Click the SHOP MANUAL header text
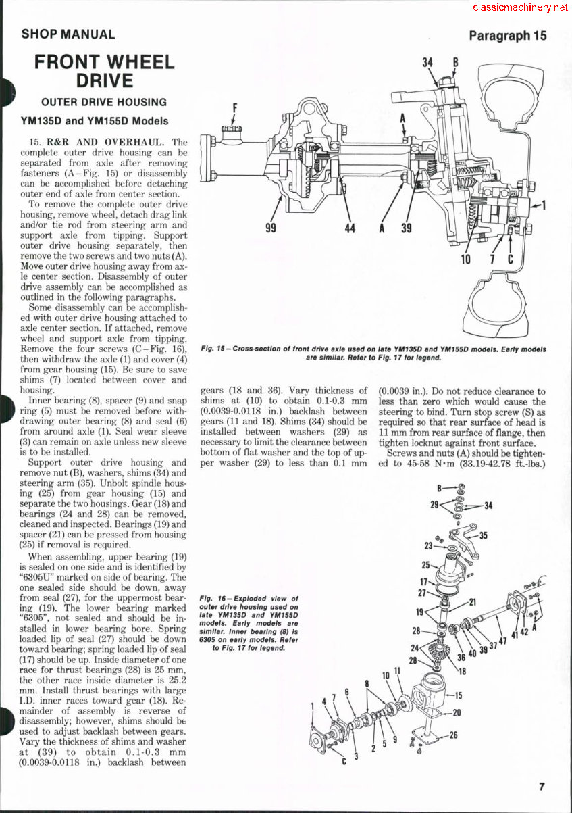tap(68, 34)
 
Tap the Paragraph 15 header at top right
tap(508, 35)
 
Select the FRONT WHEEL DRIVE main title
tap(104, 71)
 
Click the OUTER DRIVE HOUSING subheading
tap(104, 103)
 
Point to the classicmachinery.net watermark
tap(520, 7)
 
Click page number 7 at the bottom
tap(542, 786)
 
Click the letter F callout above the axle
tap(235, 107)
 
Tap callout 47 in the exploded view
tap(502, 641)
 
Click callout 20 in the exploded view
tap(457, 712)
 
